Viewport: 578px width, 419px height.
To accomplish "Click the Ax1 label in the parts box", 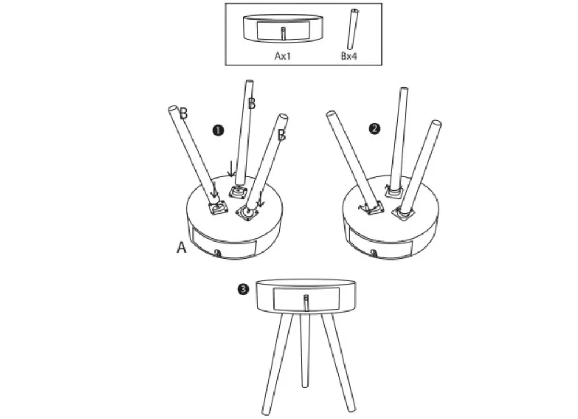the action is click(283, 56).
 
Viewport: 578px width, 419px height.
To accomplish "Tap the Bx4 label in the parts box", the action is click(349, 56).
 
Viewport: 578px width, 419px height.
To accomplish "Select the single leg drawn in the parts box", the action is click(353, 29).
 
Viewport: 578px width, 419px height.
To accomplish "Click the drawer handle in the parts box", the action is click(283, 34).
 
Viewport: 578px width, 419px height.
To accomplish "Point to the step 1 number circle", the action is click(218, 131).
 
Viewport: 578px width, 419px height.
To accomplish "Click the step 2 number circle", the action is click(375, 129).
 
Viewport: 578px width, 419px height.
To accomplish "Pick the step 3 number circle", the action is click(243, 290).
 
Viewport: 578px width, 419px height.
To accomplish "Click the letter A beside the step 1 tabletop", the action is click(181, 247).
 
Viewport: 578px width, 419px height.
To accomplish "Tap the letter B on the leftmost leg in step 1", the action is click(184, 113).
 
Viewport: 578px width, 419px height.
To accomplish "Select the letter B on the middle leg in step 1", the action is click(252, 103).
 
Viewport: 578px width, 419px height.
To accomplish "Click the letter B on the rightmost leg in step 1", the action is click(281, 135).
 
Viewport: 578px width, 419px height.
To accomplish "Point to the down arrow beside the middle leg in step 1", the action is click(231, 168).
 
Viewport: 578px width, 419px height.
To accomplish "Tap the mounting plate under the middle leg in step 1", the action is click(238, 192).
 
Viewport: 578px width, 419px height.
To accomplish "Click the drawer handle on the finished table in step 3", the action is click(306, 303).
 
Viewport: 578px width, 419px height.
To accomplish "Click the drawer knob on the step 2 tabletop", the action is click(375, 253).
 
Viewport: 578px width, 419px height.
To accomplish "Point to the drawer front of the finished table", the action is click(306, 299).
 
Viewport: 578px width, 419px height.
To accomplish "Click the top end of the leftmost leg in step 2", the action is click(331, 114).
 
